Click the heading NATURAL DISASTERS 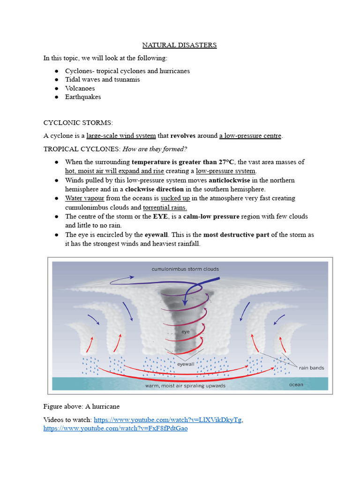[x=180, y=45]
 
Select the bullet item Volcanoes [x=80, y=88]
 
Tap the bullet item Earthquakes [x=83, y=97]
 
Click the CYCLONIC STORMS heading [x=78, y=122]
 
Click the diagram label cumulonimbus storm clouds [x=185, y=269]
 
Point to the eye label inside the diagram [x=185, y=331]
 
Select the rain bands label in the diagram [x=311, y=368]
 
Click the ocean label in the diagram [x=296, y=385]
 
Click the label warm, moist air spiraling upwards [x=185, y=386]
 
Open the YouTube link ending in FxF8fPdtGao [x=115, y=428]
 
